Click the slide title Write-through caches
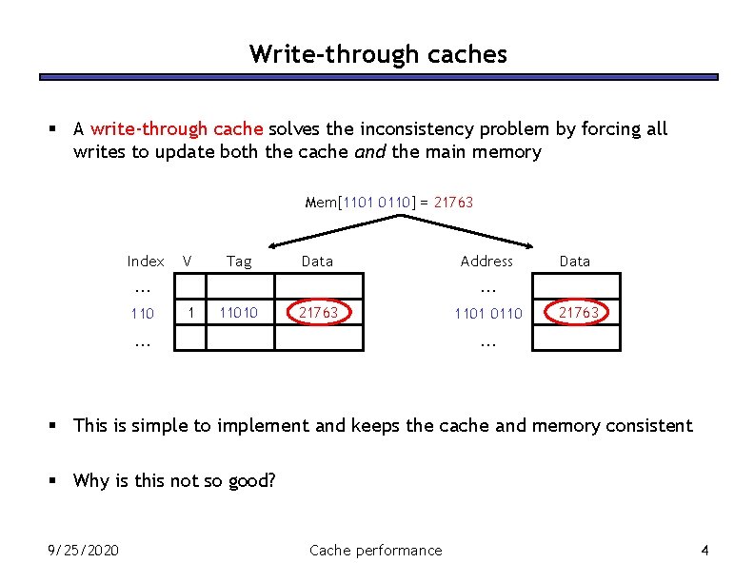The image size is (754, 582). coord(378,54)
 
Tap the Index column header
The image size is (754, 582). coord(146,261)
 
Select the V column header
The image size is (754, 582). coord(188,261)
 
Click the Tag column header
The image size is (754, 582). coord(239,261)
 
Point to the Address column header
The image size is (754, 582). coord(486,261)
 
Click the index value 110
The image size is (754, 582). coord(143,313)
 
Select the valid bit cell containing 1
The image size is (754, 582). coord(191,312)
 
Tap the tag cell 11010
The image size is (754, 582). coord(238,312)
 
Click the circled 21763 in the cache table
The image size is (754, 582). coord(318,312)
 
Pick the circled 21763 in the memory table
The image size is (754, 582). coord(578,312)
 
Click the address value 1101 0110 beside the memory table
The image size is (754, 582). coord(488,313)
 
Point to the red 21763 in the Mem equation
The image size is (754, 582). coord(453,202)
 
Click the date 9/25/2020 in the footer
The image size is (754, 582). coord(84,550)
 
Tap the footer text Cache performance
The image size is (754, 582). coord(376,550)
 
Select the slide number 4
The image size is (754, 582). coord(704,550)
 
